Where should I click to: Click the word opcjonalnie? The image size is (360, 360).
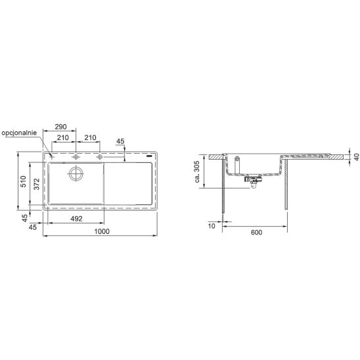pos(19,133)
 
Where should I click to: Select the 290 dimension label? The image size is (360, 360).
pos(60,127)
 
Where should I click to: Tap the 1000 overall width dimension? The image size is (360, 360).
pos(102,231)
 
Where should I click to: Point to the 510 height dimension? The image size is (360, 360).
pos(24,181)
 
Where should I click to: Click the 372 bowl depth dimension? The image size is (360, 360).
pos(37,184)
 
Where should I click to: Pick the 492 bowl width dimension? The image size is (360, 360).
pos(76,219)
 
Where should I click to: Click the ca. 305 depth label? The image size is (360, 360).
pos(197,171)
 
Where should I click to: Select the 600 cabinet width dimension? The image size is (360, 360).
pos(256,233)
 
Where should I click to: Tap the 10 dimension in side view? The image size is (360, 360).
pos(212,226)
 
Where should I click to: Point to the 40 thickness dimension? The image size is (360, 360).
pos(356,157)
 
